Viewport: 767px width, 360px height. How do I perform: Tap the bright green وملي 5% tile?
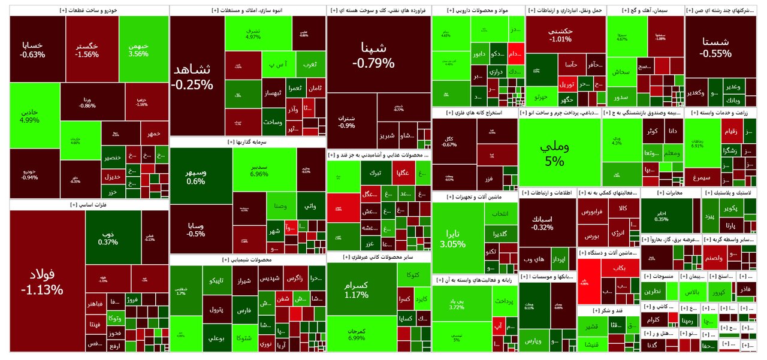[555, 153]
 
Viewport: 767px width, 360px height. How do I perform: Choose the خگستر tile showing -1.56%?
[87, 50]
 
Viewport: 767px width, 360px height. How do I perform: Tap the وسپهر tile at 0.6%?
[195, 177]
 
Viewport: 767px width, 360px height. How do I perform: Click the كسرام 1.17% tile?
[357, 291]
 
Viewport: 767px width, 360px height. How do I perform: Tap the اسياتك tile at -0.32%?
[542, 223]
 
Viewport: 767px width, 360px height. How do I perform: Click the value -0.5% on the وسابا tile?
[195, 234]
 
